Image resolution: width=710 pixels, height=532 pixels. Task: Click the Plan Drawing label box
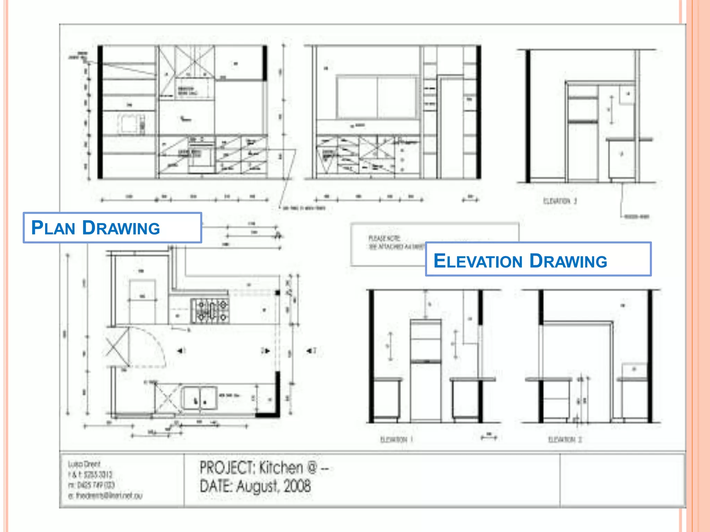click(112, 228)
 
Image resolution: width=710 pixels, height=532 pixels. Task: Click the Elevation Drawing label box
click(538, 259)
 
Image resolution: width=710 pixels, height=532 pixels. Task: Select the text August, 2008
click(274, 486)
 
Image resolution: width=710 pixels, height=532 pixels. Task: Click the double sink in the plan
click(199, 398)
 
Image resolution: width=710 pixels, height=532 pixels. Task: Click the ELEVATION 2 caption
click(565, 440)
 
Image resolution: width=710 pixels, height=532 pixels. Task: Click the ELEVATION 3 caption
click(560, 201)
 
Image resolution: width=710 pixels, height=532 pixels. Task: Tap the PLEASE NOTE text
click(384, 238)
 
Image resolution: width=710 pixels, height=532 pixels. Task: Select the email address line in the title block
click(105, 496)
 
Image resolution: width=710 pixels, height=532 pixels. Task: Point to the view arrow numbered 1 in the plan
click(181, 351)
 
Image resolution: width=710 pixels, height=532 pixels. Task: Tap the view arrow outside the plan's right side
click(310, 351)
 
